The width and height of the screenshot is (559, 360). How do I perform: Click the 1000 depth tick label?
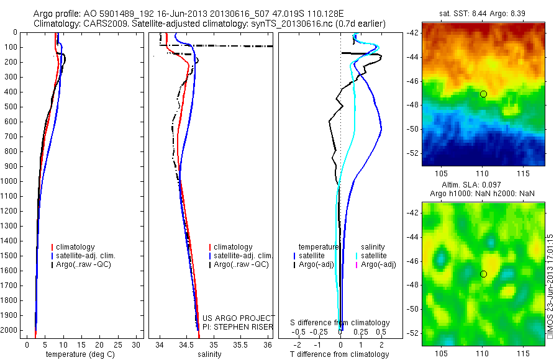tap(11, 181)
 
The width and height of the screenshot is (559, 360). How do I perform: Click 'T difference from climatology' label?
tap(339, 354)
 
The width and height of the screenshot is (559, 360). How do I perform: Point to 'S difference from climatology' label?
tap(340, 323)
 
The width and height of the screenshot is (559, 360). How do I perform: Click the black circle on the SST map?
tap(483, 94)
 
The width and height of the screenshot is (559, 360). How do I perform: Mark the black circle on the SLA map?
tap(483, 274)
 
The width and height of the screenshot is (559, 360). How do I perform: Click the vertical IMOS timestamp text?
tap(550, 286)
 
